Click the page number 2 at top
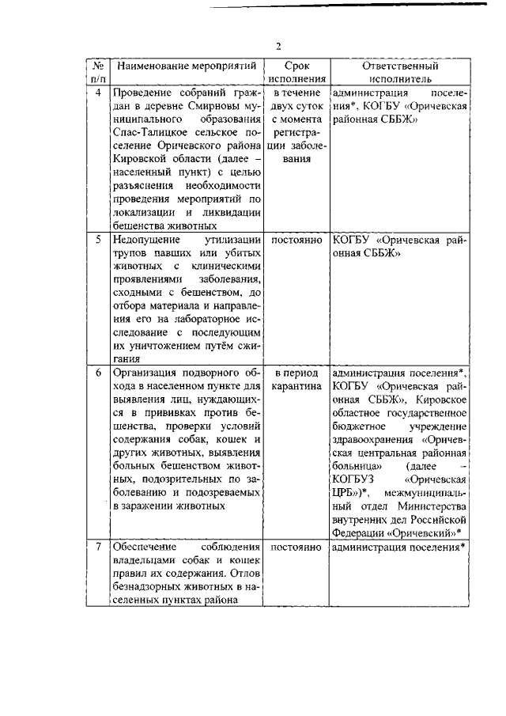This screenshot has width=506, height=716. (278, 45)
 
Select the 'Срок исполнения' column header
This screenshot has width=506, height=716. (296, 73)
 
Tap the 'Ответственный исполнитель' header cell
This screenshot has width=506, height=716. (399, 73)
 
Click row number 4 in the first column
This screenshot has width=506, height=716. (97, 93)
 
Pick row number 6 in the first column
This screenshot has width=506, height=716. (97, 373)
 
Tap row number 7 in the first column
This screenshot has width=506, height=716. (97, 547)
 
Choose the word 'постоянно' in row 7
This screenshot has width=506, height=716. (296, 547)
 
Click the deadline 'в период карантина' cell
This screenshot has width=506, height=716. (296, 380)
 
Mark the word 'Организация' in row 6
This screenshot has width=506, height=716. (146, 373)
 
